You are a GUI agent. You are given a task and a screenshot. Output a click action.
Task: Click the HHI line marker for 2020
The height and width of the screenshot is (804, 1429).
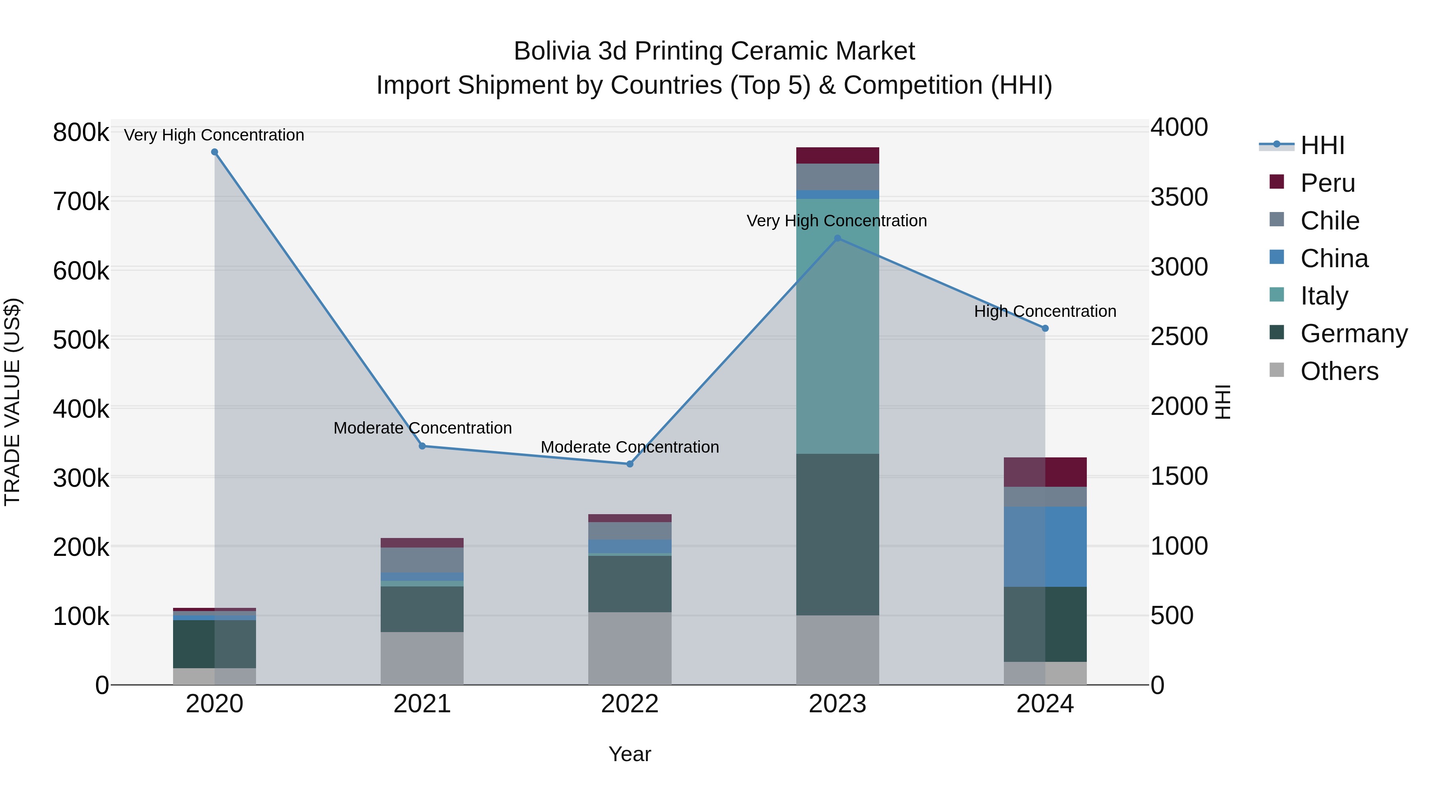tap(215, 152)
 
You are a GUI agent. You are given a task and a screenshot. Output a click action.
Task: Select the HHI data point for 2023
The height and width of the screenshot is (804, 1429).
tap(838, 239)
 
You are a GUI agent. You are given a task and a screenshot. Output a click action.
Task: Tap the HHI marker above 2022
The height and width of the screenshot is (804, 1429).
tap(630, 464)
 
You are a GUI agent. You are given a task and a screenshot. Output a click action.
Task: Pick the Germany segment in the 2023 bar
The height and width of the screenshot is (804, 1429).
tap(838, 534)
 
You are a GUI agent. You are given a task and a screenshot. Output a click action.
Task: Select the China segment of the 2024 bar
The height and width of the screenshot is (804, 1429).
tap(1045, 547)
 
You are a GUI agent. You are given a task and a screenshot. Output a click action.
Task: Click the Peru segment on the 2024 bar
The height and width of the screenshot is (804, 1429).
tap(1045, 472)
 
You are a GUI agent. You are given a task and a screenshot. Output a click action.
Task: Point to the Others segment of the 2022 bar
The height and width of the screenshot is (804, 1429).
tap(630, 648)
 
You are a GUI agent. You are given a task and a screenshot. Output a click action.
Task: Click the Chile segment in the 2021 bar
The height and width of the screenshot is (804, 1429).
tap(422, 560)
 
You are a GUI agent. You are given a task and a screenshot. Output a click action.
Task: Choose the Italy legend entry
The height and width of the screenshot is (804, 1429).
tap(1324, 296)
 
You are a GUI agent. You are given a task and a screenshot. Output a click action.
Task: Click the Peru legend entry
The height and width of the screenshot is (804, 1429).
tap(1327, 183)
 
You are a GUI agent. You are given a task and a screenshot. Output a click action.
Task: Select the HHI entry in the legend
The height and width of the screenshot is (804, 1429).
tap(1323, 145)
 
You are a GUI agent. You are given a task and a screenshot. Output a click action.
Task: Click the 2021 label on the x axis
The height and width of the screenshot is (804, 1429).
tap(422, 704)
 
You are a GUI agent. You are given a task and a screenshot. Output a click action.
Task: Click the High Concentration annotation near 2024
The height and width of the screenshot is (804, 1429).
tap(1045, 311)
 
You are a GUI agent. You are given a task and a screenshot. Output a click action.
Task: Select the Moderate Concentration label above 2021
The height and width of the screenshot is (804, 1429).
tap(422, 428)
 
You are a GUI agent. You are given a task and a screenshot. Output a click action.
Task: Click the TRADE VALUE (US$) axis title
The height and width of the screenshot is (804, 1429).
tap(12, 402)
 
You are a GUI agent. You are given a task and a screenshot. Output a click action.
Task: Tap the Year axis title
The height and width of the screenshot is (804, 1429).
tap(630, 754)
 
